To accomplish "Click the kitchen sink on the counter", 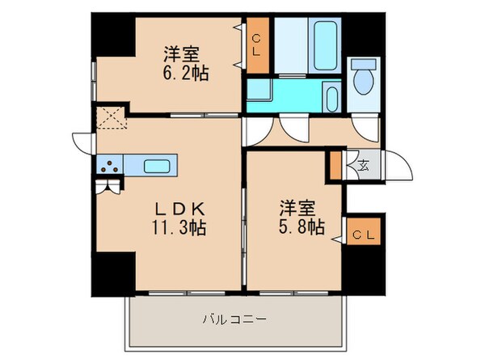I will pyautogui.click(x=157, y=167).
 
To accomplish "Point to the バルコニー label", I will pyautogui.click(x=234, y=320).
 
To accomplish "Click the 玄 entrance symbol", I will pyautogui.click(x=363, y=166).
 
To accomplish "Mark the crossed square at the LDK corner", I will pyautogui.click(x=108, y=118).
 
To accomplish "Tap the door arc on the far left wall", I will pyautogui.click(x=83, y=140).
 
